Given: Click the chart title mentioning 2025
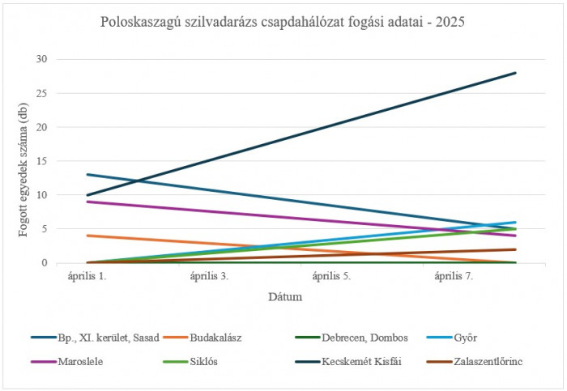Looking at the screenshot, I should point(283,23).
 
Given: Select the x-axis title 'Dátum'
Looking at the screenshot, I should point(286,297).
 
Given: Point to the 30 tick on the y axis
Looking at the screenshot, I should point(42,59).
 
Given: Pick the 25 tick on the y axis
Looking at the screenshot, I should point(42,93).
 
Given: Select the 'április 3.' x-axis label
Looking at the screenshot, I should point(210,276).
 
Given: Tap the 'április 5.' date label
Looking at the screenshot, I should point(333,276).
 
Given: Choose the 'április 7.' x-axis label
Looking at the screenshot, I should point(455,276).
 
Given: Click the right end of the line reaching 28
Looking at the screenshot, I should point(516,73).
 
